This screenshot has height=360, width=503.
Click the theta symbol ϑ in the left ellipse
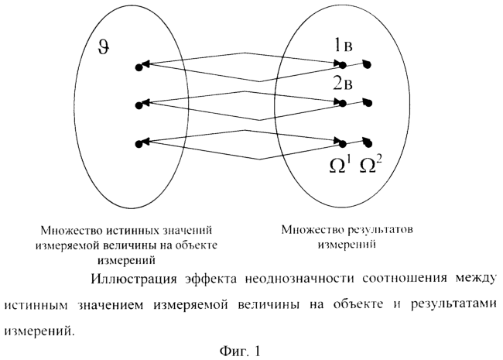104,49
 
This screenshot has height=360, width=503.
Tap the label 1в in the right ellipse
343,45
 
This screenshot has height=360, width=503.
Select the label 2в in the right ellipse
343,84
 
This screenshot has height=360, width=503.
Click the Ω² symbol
369,165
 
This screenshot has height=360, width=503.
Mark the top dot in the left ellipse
139,67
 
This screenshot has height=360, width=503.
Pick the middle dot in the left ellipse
139,105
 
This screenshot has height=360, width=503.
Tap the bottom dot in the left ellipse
139,144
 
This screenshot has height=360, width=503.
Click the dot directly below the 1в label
343,66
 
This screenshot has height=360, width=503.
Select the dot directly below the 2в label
343,104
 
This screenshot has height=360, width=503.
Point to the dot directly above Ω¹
343,143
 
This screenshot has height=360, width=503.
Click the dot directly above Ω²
368,144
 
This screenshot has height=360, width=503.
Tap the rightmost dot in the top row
368,65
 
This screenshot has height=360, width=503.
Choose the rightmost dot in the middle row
368,103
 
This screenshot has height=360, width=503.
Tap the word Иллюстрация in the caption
134,278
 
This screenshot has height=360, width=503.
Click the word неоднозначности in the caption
300,278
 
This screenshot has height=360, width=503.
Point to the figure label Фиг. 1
240,351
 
